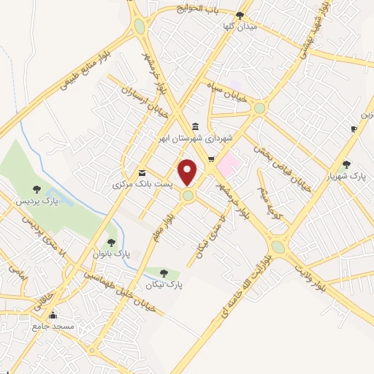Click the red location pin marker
click(x=188, y=172)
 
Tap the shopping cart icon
click(x=211, y=159)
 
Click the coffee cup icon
click(x=354, y=129)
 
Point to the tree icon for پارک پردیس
click(x=37, y=189)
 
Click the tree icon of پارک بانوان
click(x=111, y=242)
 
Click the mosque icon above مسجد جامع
click(x=53, y=316)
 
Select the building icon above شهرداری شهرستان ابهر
click(x=195, y=126)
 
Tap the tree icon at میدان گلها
click(x=240, y=15)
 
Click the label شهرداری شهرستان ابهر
click(x=199, y=137)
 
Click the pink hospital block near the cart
click(x=229, y=162)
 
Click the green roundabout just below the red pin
click(x=188, y=195)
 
